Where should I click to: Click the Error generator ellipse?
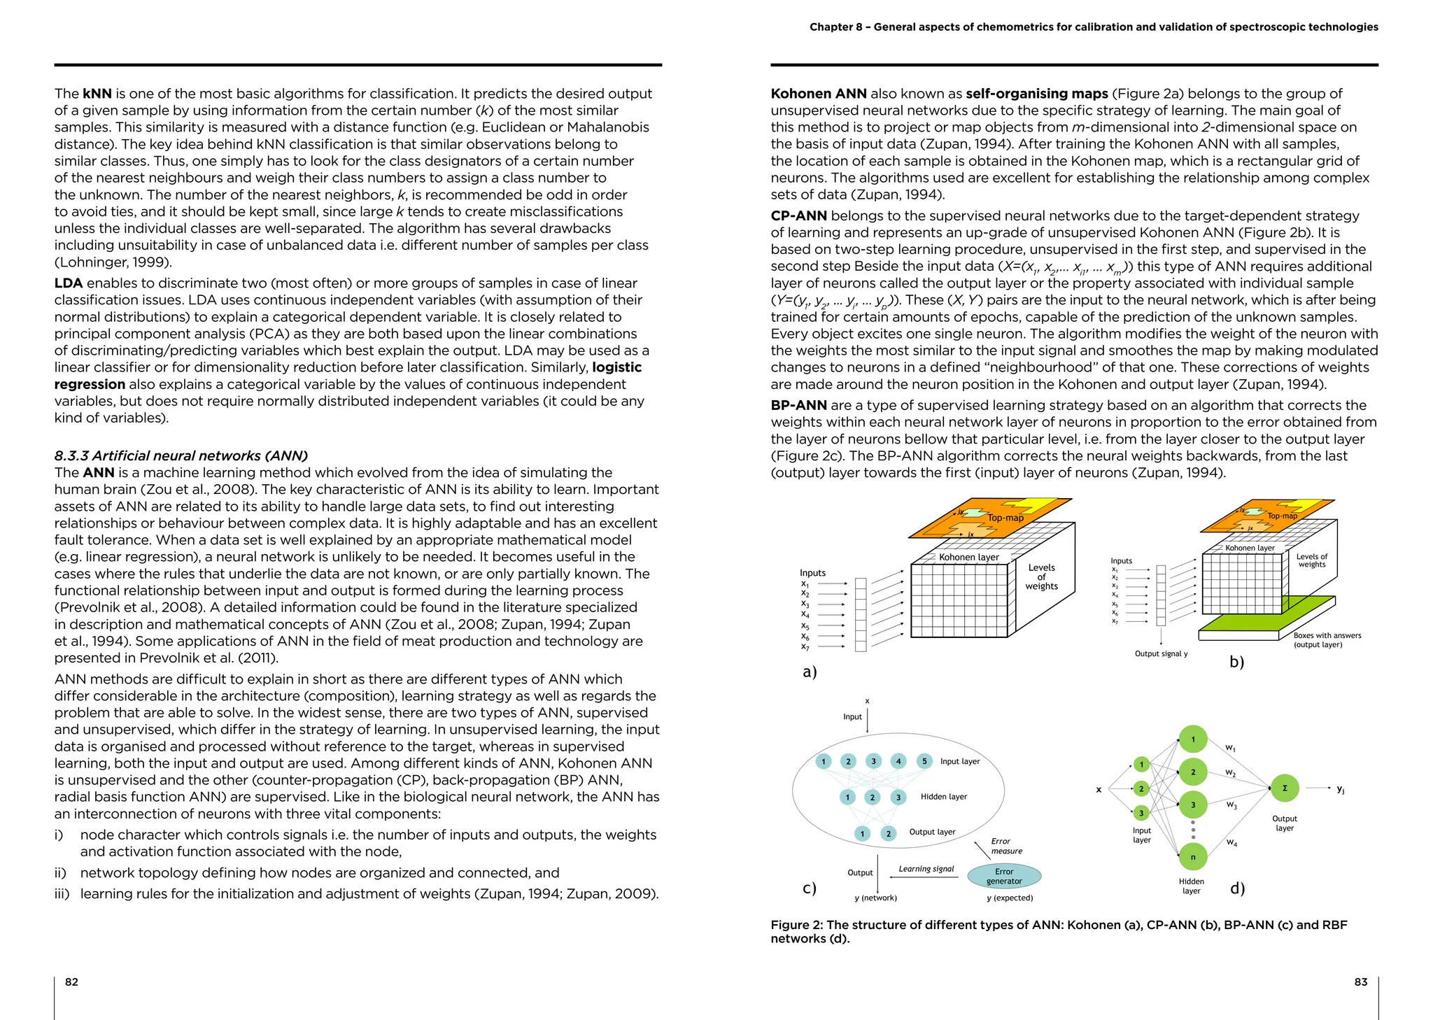point(1004,876)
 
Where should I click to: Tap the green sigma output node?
point(1285,788)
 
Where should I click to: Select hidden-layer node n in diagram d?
point(1193,857)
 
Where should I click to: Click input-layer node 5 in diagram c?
point(924,761)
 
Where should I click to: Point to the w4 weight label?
point(1231,843)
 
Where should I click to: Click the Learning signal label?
point(926,869)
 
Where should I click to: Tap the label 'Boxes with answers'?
point(1327,635)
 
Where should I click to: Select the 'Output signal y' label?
point(1161,653)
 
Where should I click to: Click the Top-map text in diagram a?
point(1005,518)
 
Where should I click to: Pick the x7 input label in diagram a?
point(805,647)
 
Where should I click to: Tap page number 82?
point(71,982)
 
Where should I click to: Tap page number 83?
point(1360,982)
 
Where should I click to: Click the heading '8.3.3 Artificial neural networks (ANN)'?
point(181,455)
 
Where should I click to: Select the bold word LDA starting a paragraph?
point(69,283)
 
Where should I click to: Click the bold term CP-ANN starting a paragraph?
point(798,215)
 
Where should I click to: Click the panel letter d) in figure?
point(1237,888)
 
